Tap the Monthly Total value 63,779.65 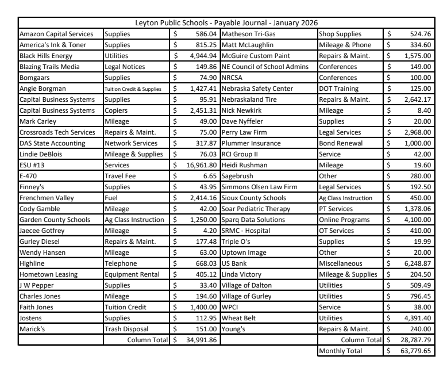(414, 350)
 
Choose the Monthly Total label (342, 350)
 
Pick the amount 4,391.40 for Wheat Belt (415, 319)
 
